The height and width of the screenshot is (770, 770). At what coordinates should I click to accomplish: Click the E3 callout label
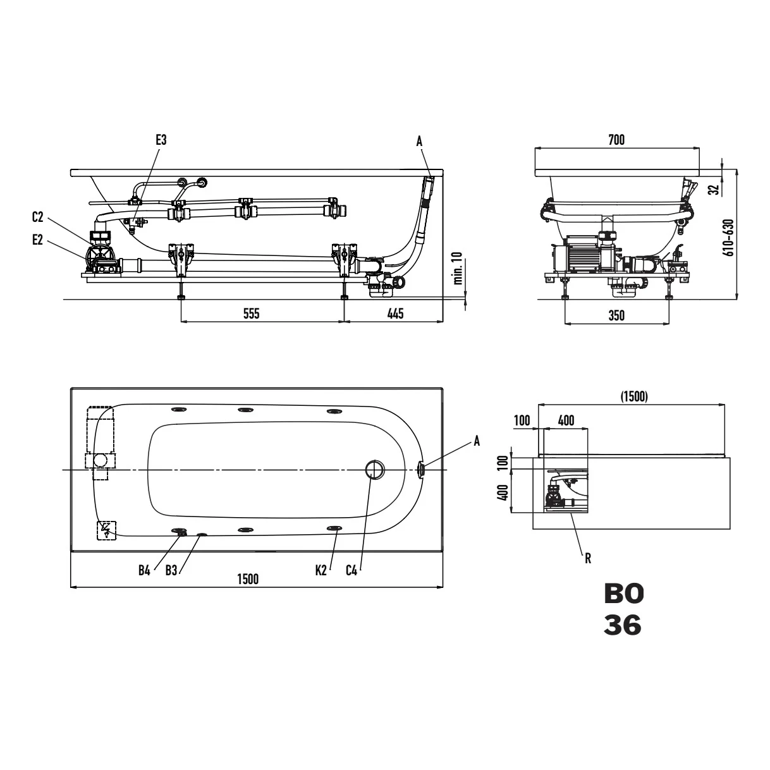coord(161,140)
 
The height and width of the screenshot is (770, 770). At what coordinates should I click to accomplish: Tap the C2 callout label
coord(37,217)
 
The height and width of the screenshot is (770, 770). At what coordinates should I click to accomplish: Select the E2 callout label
coord(37,240)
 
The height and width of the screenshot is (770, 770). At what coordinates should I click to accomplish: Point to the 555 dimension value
coord(252,314)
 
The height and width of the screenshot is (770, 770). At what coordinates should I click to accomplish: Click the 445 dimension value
coord(395,314)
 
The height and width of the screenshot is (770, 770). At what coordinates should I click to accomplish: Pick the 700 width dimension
coord(616,140)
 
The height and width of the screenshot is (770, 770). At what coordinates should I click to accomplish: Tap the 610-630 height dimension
coord(730,237)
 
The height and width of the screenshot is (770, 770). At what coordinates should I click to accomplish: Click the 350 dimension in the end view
coord(616,315)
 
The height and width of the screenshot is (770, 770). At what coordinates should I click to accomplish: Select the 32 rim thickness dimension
coord(714,190)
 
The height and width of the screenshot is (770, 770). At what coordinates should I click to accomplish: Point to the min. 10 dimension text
coord(458,268)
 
